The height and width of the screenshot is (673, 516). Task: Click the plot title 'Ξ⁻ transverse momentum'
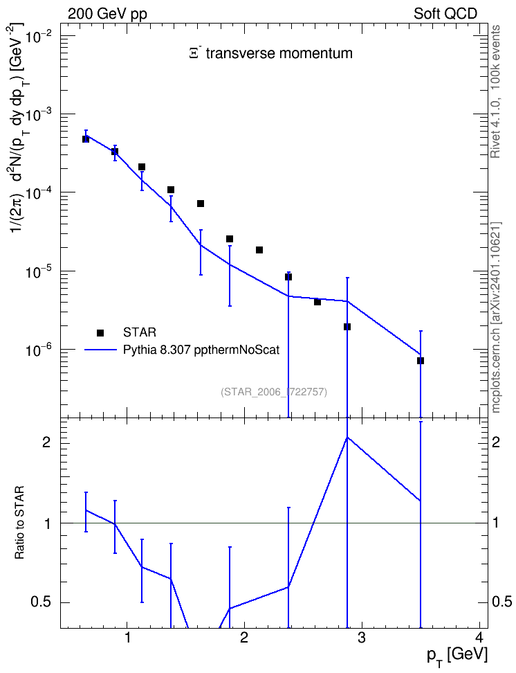(270, 53)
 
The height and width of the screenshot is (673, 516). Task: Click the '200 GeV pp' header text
(107, 14)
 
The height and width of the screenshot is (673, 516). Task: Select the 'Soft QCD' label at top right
(445, 14)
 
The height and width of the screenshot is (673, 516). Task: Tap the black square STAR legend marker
(100, 332)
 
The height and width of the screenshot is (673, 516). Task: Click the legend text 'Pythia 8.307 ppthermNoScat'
(201, 350)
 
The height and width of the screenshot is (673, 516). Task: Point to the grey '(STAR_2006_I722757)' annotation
(274, 392)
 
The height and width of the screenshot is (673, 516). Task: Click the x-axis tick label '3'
(362, 638)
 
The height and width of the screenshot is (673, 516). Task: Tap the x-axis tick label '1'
(127, 638)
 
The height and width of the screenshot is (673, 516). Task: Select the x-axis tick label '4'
(479, 638)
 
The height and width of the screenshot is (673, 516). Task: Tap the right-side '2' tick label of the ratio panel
(496, 442)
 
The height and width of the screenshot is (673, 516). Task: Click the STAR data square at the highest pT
(421, 361)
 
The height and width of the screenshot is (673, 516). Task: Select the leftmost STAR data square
(86, 139)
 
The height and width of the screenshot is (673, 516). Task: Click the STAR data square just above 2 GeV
(259, 250)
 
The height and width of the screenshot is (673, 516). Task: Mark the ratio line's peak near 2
(347, 437)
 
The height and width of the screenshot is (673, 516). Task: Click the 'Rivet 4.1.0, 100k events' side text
(496, 91)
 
